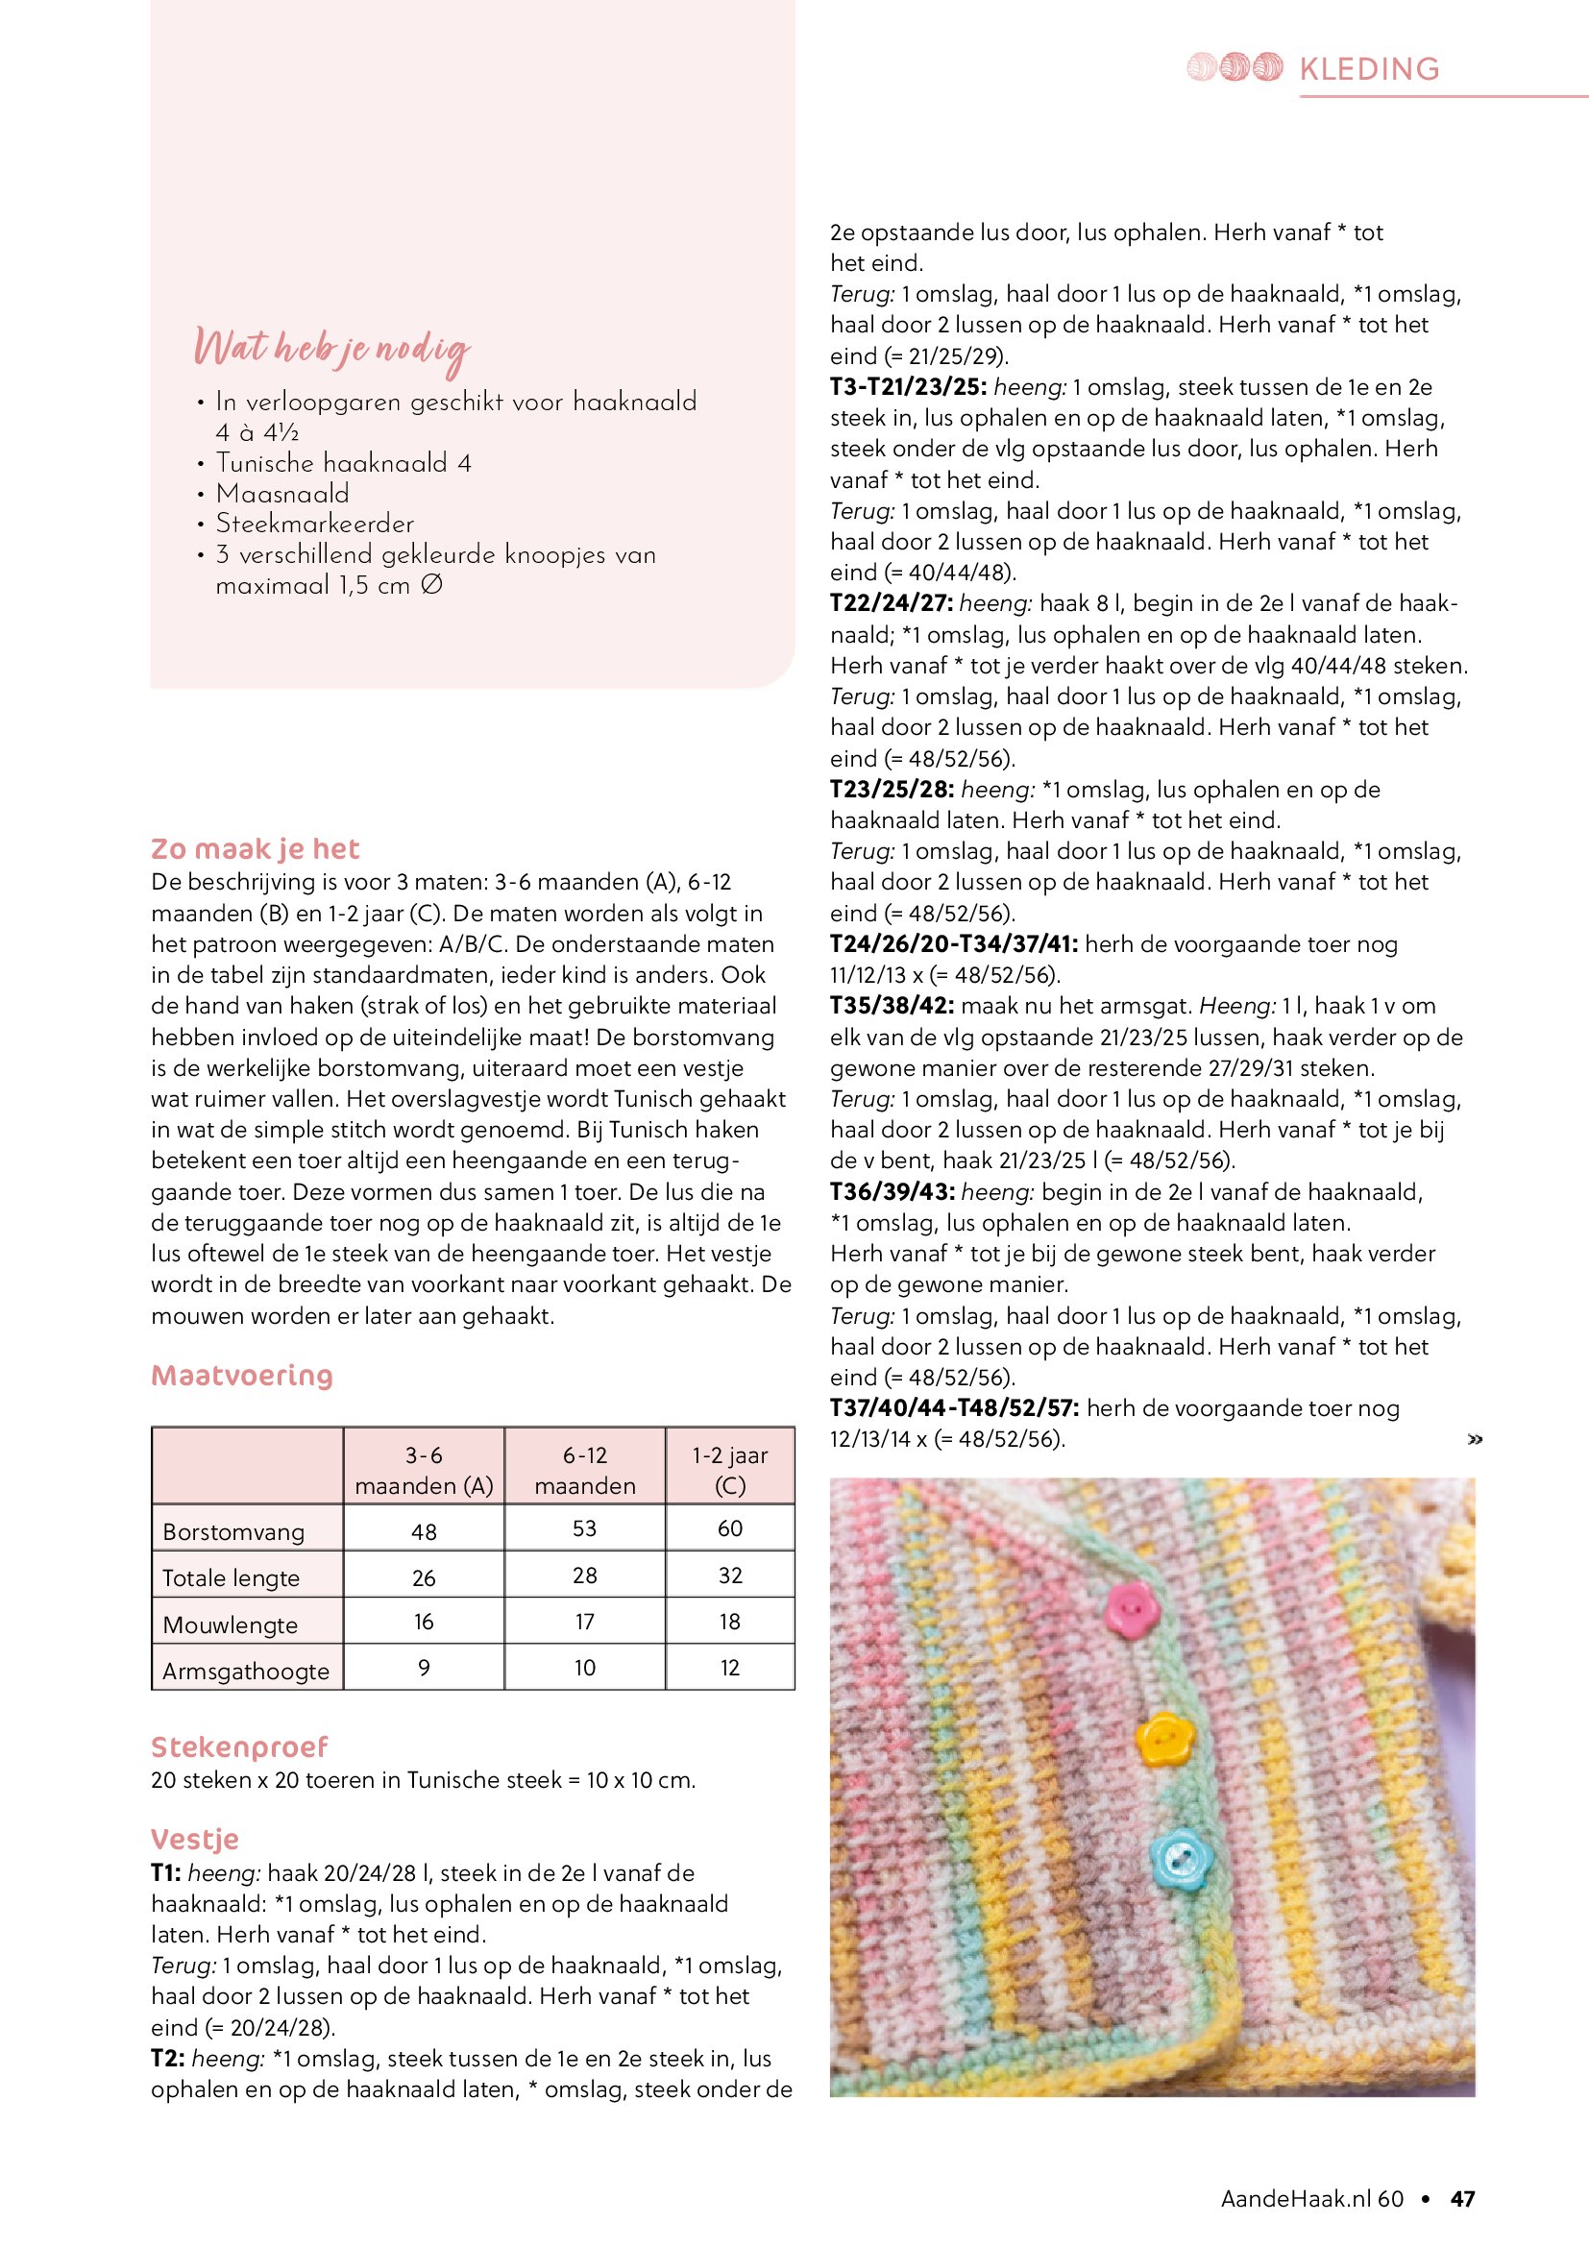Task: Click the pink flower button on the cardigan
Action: [x=1131, y=1608]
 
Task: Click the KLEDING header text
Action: [x=1369, y=68]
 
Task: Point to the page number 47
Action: [x=1463, y=2199]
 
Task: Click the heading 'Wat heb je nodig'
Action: [x=331, y=350]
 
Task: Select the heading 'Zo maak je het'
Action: [x=256, y=848]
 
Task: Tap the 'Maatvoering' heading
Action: [x=242, y=1375]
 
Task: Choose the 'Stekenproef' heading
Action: [x=239, y=1746]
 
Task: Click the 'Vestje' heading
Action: [x=195, y=1839]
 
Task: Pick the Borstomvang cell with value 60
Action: [x=730, y=1528]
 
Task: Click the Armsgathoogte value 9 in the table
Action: [x=424, y=1668]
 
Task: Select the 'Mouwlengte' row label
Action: [x=230, y=1624]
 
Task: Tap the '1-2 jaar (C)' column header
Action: [x=730, y=1470]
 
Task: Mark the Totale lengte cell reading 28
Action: [x=584, y=1575]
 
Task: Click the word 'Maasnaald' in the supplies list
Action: [x=282, y=493]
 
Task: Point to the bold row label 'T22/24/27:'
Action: [x=891, y=604]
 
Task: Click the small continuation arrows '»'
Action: [x=1475, y=1439]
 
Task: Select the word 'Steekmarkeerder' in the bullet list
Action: [x=315, y=524]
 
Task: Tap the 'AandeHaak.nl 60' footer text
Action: [x=1311, y=2199]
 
